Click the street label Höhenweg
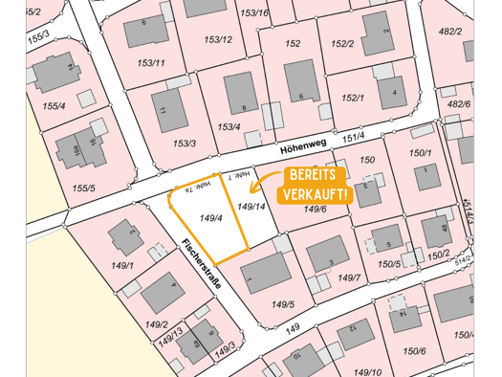[303, 144]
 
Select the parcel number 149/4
[211, 218]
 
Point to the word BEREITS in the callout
[314, 177]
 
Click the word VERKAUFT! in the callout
[314, 195]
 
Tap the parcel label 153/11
[150, 63]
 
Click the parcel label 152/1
[353, 98]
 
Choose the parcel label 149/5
[283, 304]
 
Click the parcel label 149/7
[349, 277]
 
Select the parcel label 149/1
[122, 265]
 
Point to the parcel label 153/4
[229, 126]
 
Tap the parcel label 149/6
[316, 210]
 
